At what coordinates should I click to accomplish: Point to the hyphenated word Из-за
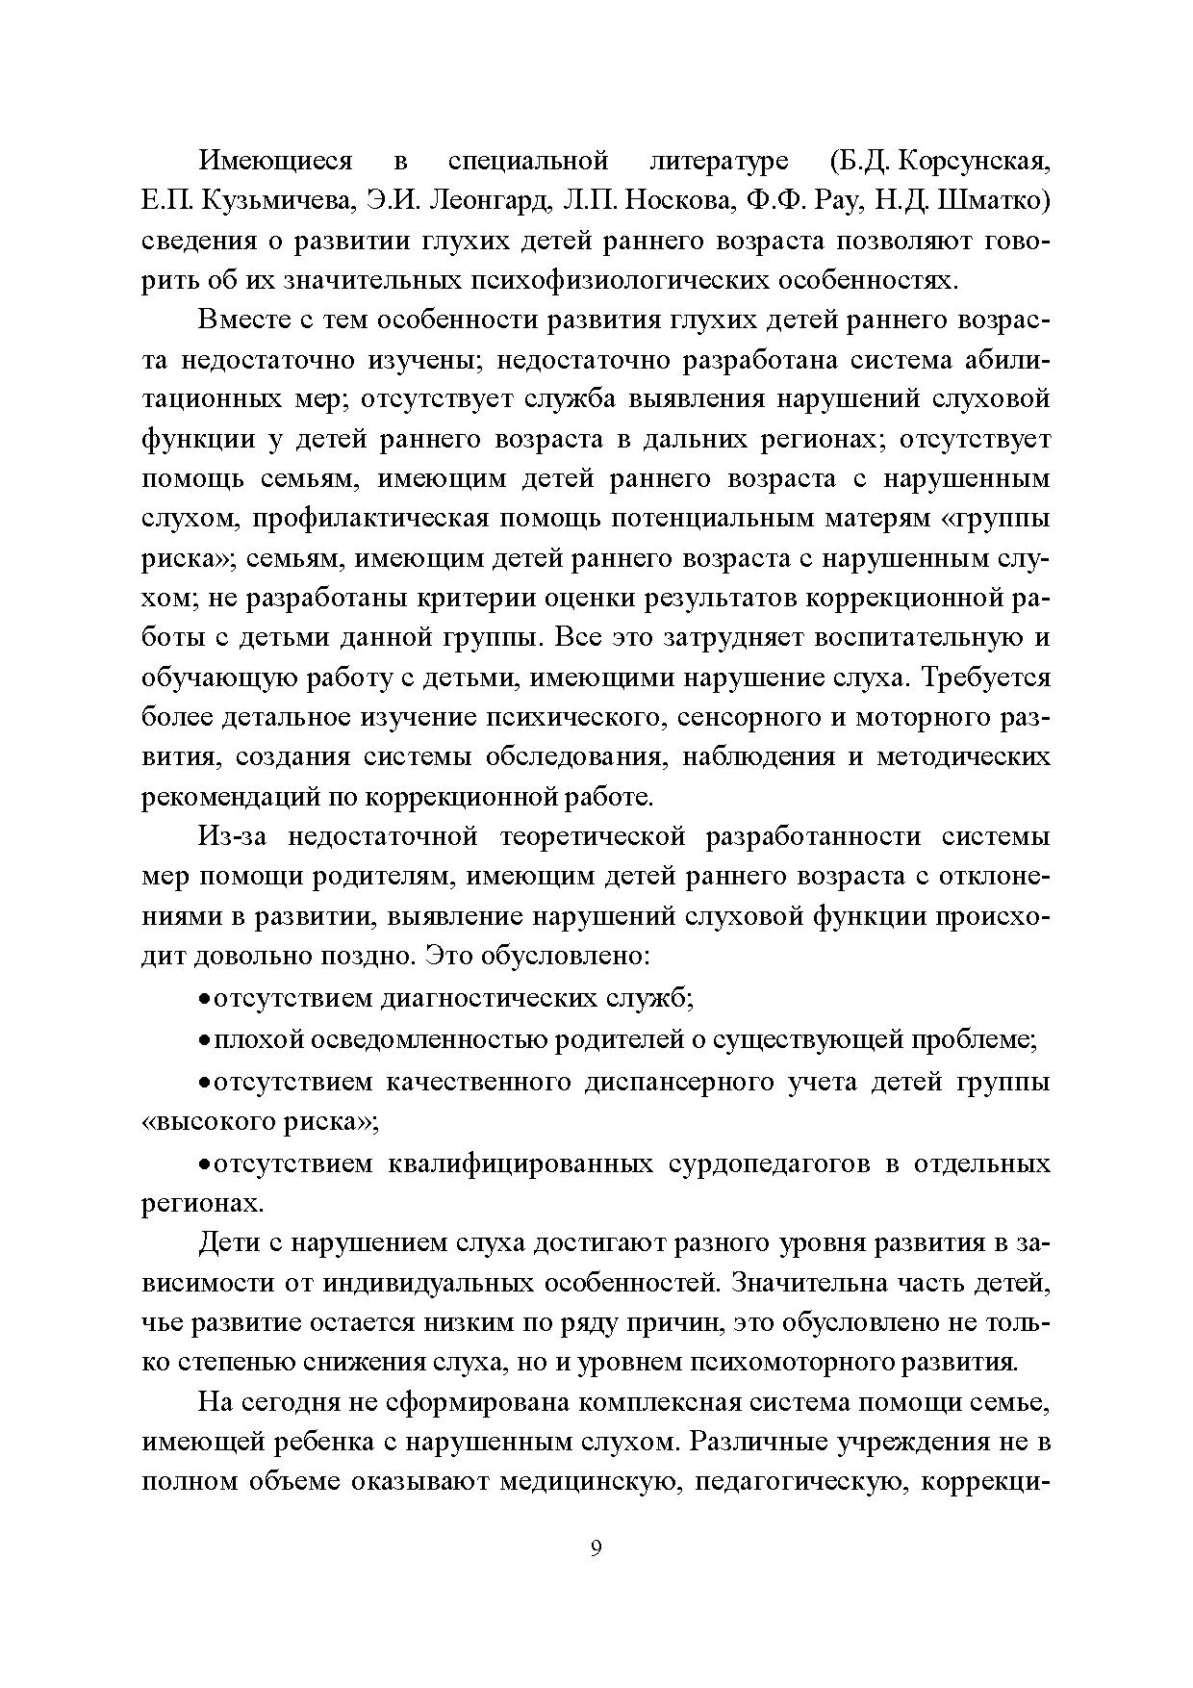(231, 836)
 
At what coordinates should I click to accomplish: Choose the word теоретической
(594, 836)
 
